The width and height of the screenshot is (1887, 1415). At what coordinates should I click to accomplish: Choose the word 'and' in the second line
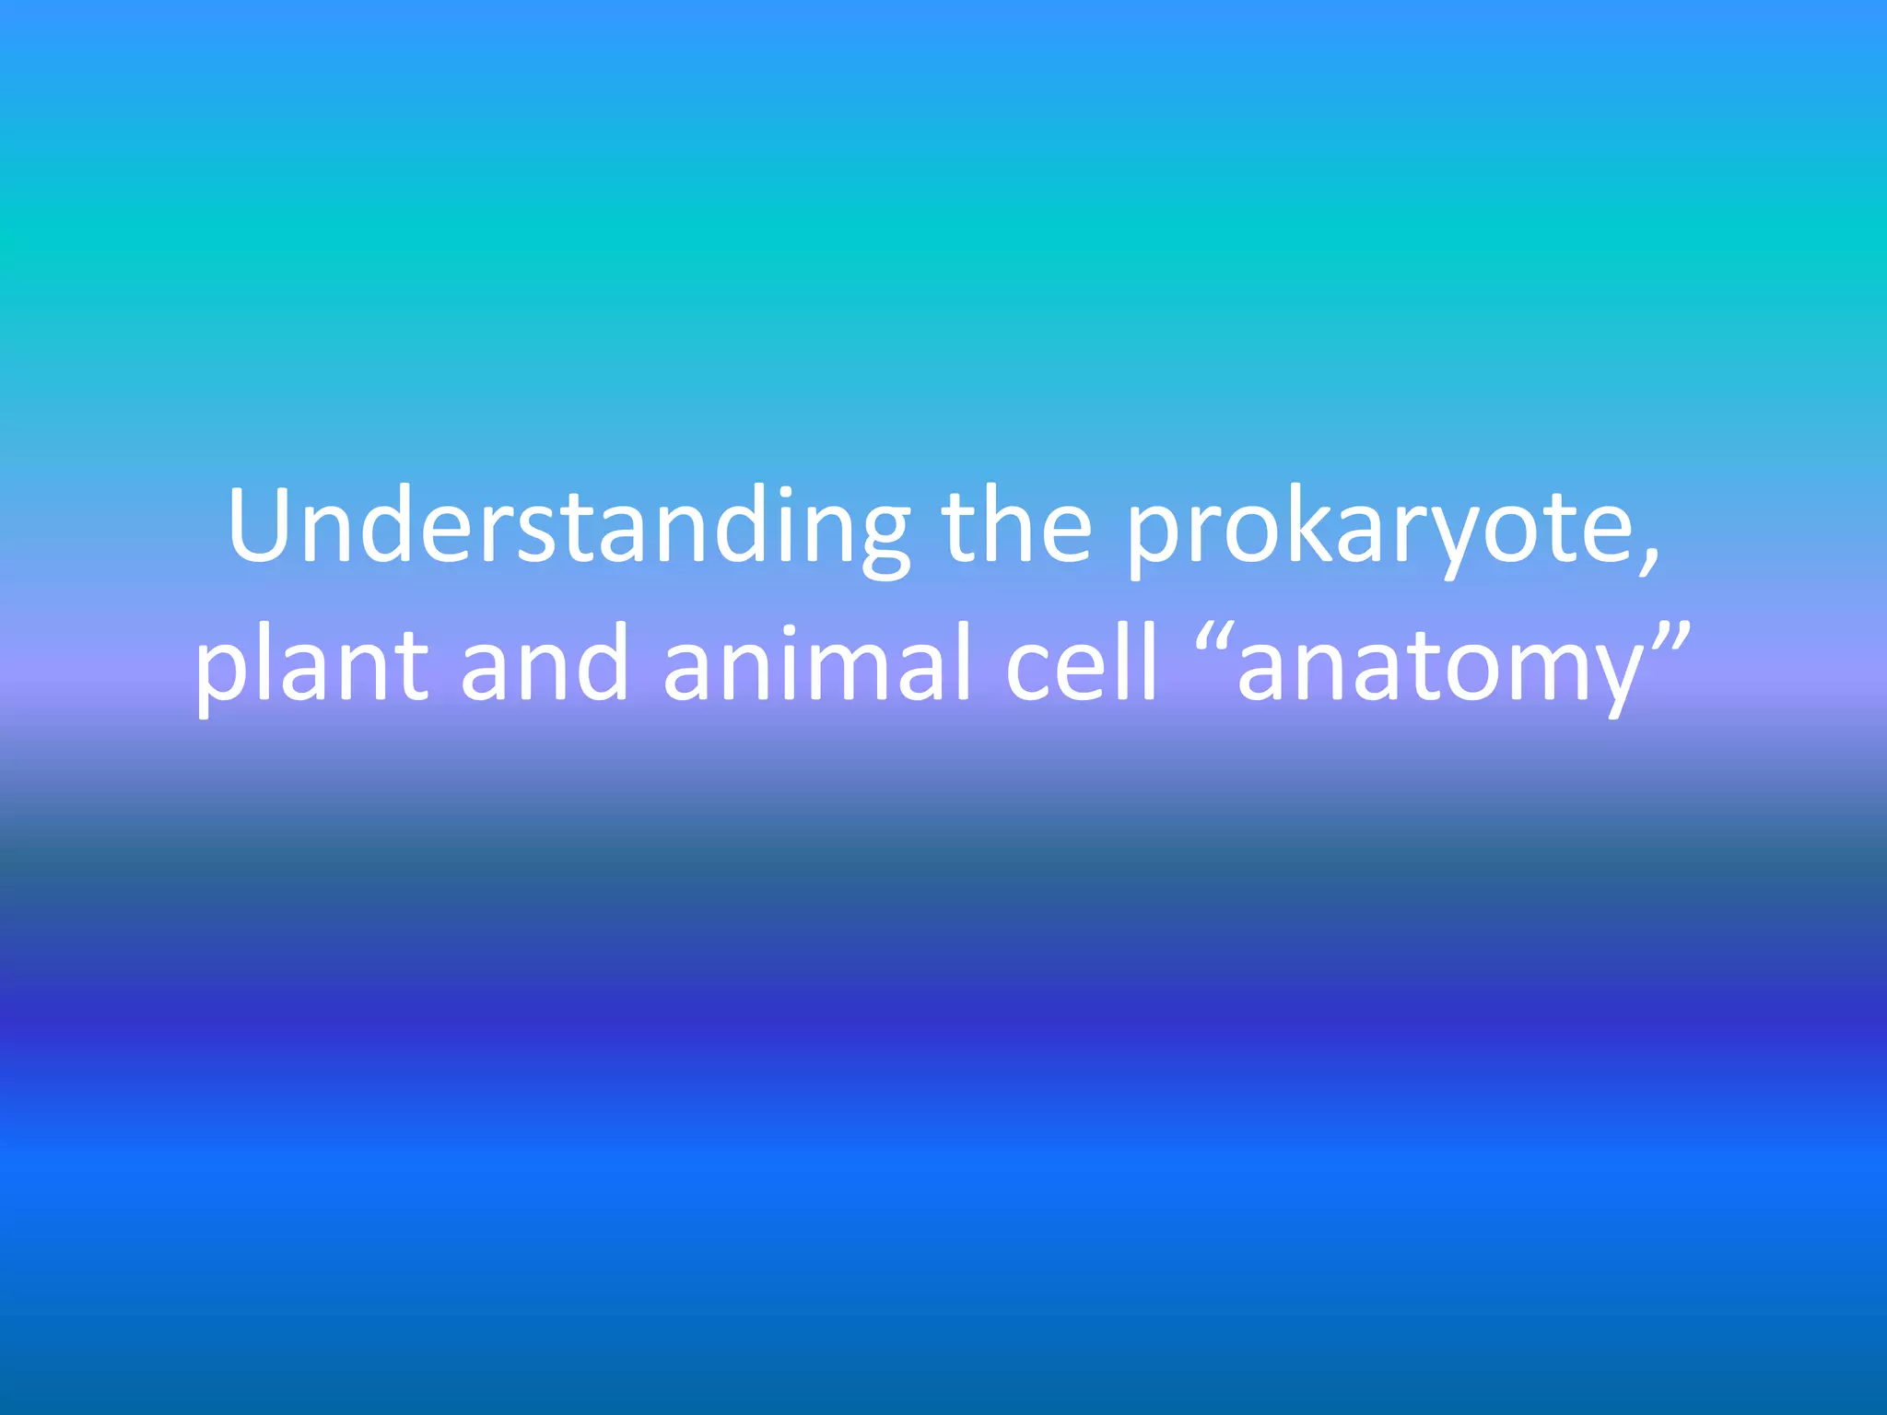point(545,663)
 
